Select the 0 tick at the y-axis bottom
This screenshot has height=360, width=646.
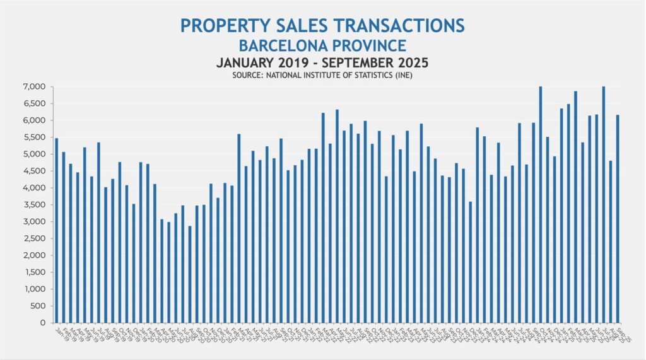pyautogui.click(x=43, y=323)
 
